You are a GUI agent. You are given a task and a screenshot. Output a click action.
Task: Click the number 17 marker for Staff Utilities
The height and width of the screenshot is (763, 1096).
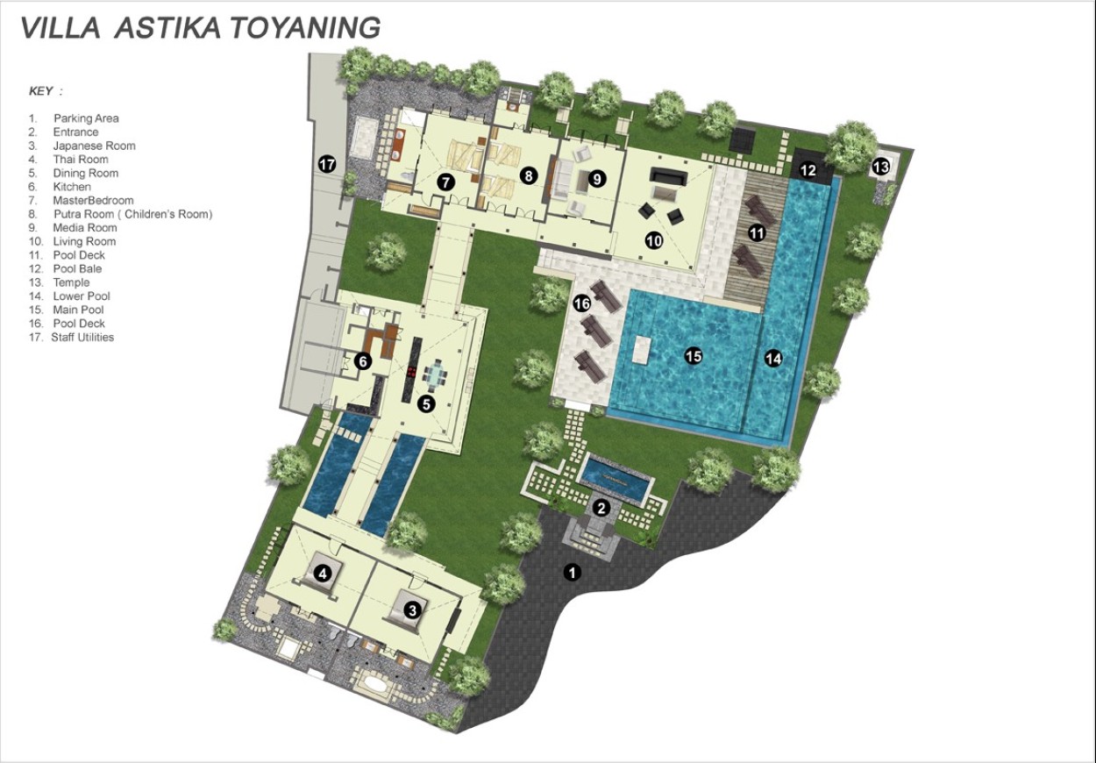pos(327,163)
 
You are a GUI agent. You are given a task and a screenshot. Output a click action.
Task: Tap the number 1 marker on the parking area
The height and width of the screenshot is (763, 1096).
pos(572,572)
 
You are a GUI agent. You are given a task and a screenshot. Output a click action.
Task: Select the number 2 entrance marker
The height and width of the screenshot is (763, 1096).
pos(601,509)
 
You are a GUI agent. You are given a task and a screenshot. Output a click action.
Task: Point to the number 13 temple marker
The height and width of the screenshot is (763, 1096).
pos(880,167)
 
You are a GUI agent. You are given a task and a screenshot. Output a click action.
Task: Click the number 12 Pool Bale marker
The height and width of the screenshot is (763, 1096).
pos(808,170)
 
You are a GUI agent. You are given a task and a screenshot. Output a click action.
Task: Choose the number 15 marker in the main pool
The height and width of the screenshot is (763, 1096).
pos(694,356)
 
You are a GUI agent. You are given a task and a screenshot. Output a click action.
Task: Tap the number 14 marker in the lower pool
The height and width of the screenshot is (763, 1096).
pos(773,360)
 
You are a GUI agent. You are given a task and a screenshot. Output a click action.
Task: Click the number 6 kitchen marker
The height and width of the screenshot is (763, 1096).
pos(363,361)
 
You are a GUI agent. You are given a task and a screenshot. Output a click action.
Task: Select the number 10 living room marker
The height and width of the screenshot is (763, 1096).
pos(654,240)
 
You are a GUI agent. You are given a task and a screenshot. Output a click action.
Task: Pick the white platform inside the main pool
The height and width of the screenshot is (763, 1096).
pos(641,349)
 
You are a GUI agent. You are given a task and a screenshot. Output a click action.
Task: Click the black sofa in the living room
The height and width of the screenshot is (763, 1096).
pos(668,176)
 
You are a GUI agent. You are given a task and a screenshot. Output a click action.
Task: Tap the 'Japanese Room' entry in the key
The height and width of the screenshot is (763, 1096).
pos(94,146)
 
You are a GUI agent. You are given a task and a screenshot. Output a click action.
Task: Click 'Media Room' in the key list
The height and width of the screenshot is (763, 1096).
pos(85,227)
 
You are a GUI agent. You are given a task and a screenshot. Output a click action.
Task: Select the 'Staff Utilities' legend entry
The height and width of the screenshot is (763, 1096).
pos(82,337)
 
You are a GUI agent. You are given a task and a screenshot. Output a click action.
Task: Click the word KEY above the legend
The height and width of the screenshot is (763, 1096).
pos(41,91)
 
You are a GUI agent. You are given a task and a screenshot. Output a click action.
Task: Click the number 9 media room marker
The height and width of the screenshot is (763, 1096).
pos(596,179)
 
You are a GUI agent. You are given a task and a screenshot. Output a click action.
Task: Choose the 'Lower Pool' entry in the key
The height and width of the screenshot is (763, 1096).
pos(82,296)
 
